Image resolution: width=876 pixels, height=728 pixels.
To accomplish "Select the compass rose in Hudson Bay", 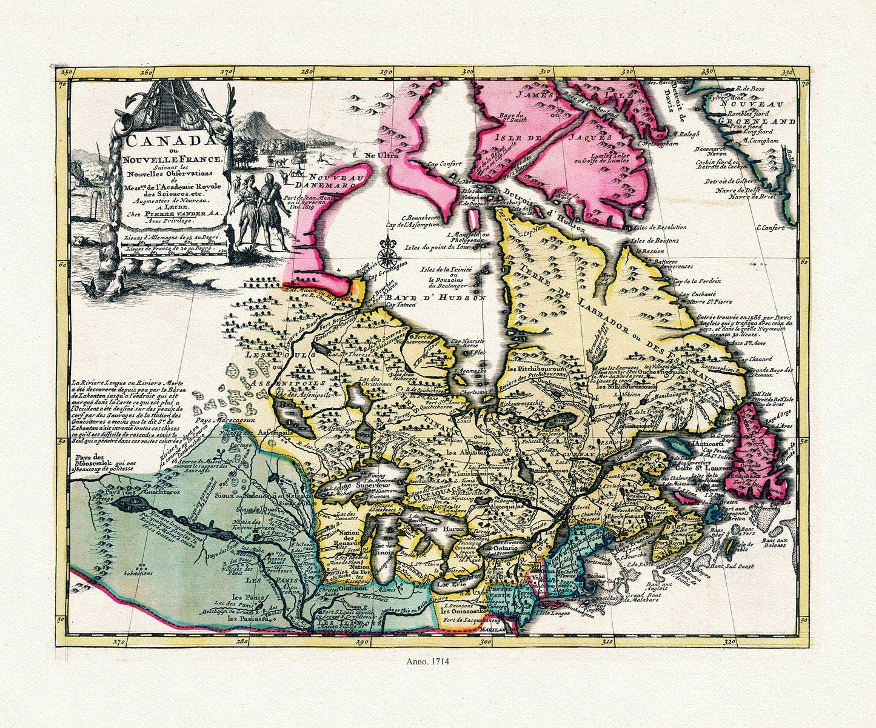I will coord(385,255).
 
